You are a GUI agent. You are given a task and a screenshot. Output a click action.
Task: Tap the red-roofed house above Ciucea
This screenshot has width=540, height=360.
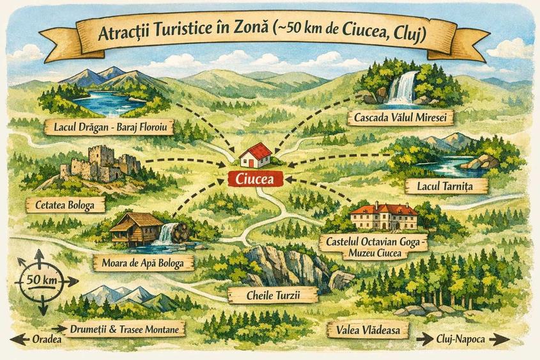(255, 155)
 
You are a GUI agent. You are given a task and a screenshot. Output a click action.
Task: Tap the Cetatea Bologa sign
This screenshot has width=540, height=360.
(66, 206)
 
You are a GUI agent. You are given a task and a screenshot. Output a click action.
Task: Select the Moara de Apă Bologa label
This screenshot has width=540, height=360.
(143, 262)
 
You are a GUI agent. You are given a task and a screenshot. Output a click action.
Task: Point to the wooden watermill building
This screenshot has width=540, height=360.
(135, 228)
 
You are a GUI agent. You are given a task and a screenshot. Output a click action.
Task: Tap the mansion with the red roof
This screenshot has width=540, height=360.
(383, 217)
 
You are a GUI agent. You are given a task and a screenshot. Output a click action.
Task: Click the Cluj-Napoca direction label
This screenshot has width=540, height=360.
(463, 339)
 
